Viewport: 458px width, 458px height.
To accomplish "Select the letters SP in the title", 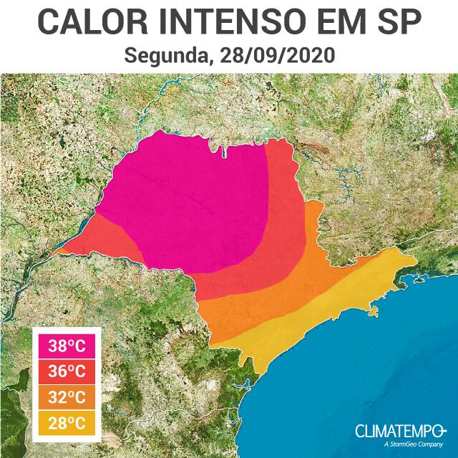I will (x=399, y=22).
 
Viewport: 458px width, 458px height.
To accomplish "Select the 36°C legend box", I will (x=67, y=371).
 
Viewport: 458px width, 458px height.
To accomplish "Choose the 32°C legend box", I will (x=67, y=396).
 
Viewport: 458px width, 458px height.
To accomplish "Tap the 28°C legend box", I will (x=67, y=421).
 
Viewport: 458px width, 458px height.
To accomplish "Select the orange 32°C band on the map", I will (x=243, y=308).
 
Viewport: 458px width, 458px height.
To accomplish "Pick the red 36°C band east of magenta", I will (x=283, y=215).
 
